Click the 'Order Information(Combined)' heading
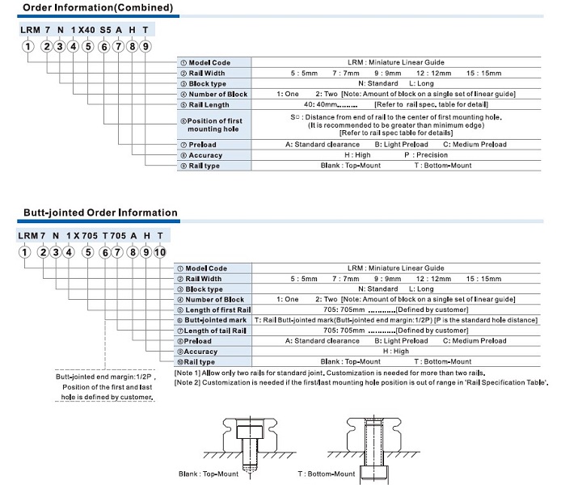(x=96, y=8)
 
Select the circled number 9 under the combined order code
(x=145, y=46)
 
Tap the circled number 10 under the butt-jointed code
(x=159, y=252)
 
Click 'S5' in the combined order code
(x=106, y=29)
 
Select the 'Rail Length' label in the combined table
(x=209, y=104)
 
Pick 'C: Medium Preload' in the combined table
(x=474, y=144)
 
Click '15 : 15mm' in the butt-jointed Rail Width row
(x=481, y=278)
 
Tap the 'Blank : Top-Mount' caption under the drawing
(x=209, y=474)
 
